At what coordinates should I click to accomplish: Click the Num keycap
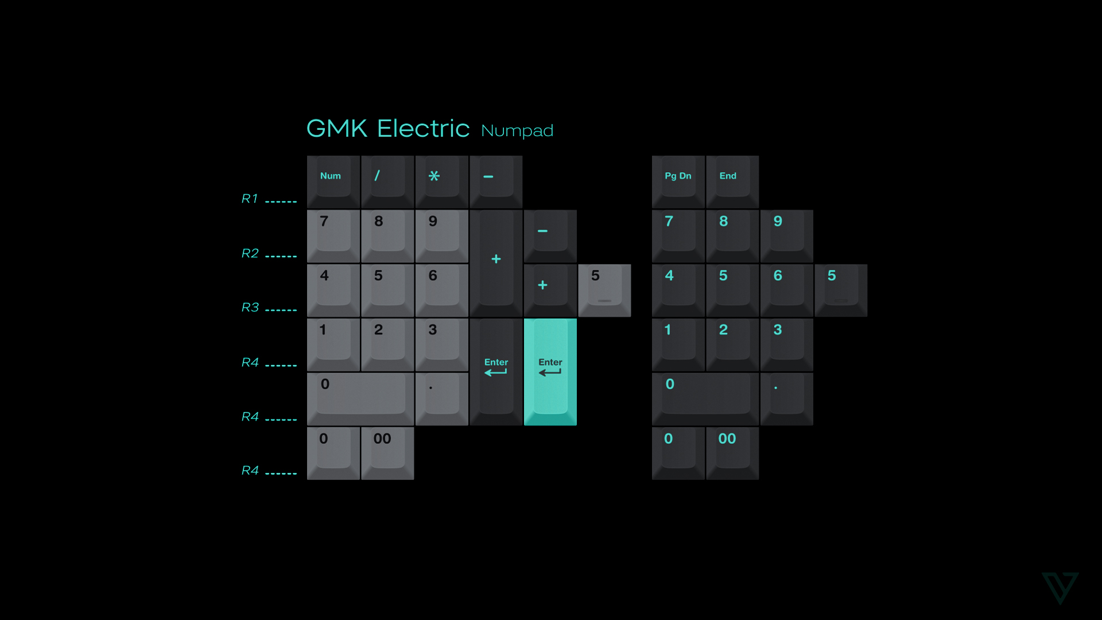tap(333, 181)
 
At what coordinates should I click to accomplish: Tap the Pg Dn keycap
tap(678, 181)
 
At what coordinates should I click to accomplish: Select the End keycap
tap(732, 181)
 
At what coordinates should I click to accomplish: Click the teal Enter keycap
tap(550, 371)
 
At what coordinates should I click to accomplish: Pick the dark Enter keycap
tap(496, 371)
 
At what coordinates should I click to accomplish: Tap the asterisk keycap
tap(441, 181)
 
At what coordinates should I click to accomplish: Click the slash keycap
tap(387, 181)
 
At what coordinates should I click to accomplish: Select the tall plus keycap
tap(496, 263)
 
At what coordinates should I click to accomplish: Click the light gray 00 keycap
tap(387, 453)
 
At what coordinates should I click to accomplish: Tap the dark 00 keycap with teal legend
tap(732, 453)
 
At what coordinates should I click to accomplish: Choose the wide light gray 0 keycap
tap(360, 398)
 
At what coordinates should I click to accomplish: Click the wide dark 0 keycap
tap(705, 398)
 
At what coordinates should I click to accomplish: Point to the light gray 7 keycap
tap(333, 236)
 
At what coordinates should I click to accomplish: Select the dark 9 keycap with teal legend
tap(786, 236)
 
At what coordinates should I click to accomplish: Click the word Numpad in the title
tap(517, 131)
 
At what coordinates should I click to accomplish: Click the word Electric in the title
tap(423, 129)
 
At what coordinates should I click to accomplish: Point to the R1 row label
tap(250, 199)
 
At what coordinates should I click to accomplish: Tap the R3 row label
tap(250, 307)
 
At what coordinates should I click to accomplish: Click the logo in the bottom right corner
tap(1060, 587)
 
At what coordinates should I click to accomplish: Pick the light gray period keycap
tap(441, 398)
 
